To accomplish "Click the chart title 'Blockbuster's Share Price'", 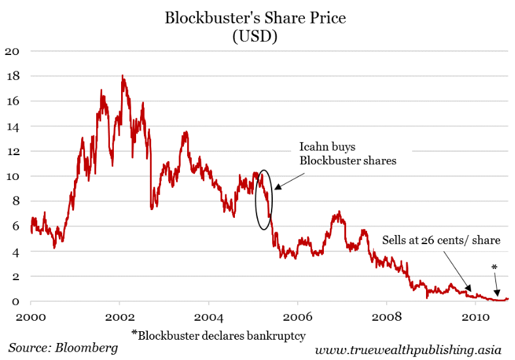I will point(255,18).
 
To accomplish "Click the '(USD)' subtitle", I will point(255,37).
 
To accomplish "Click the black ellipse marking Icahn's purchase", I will point(263,200).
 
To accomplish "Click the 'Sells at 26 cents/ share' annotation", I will point(441,241).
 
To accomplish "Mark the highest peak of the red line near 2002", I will point(122,76).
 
